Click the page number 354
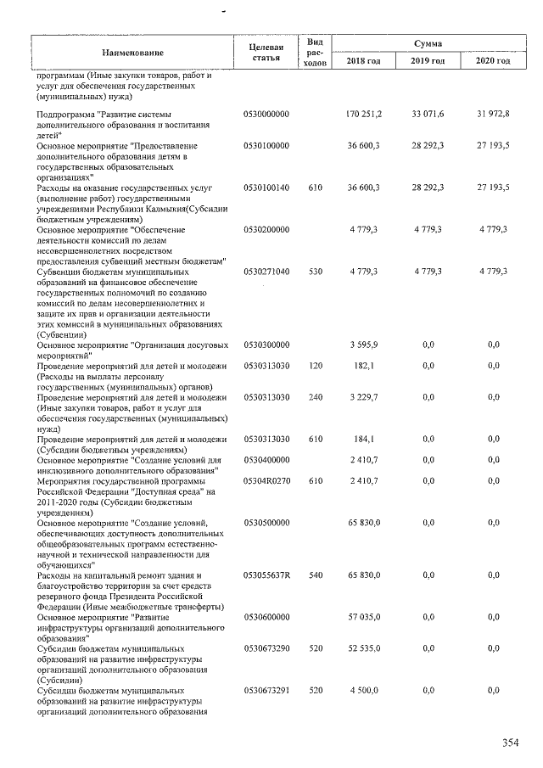510,743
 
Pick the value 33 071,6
428,113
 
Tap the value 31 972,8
493,113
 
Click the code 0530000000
266,113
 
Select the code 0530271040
266,271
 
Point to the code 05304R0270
266,480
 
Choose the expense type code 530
316,271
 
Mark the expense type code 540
316,575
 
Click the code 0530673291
266,691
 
